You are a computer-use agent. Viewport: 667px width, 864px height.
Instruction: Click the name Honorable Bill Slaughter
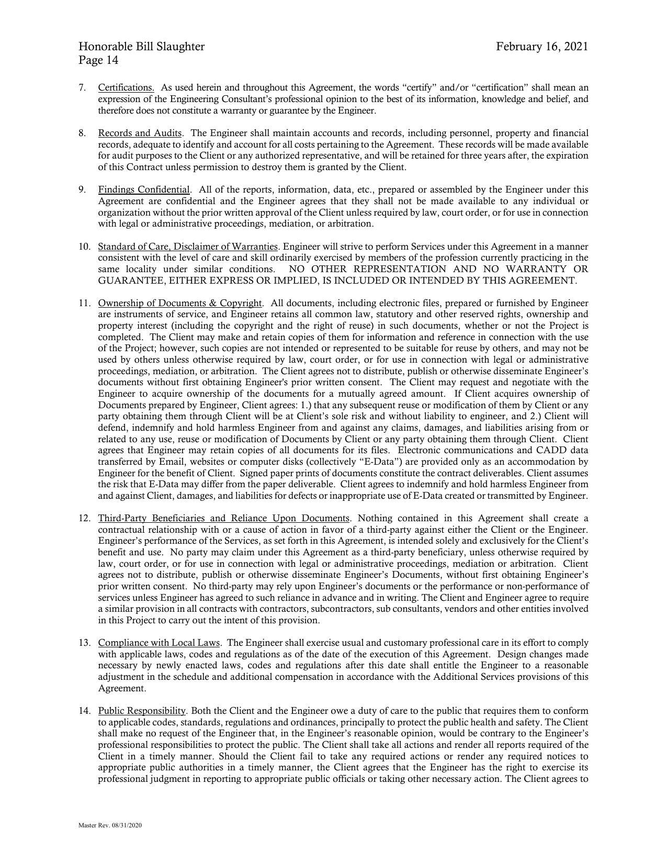click(141, 47)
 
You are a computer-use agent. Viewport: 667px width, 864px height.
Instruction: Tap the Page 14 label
click(98, 60)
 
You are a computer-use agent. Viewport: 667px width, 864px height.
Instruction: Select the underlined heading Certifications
click(126, 87)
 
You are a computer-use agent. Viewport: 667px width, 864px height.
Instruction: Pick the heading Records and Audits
click(140, 133)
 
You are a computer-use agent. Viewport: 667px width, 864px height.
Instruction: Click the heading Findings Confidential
click(144, 189)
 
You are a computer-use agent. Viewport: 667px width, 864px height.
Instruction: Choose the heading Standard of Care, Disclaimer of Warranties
click(188, 246)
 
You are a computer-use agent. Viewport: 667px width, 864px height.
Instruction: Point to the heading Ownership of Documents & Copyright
click(180, 303)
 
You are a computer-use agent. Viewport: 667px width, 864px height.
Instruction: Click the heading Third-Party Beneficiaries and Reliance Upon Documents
click(223, 518)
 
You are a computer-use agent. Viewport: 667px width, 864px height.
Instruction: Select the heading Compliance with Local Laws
click(160, 643)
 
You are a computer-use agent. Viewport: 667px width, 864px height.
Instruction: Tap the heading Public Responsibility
click(142, 711)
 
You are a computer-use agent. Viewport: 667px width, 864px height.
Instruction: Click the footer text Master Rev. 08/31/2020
click(110, 825)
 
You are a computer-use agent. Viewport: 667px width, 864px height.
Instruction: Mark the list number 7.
click(82, 87)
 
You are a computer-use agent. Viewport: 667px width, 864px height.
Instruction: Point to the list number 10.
click(85, 246)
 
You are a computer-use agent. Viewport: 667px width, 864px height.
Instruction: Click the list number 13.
click(85, 643)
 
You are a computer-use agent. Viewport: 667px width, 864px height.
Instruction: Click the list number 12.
click(85, 518)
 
